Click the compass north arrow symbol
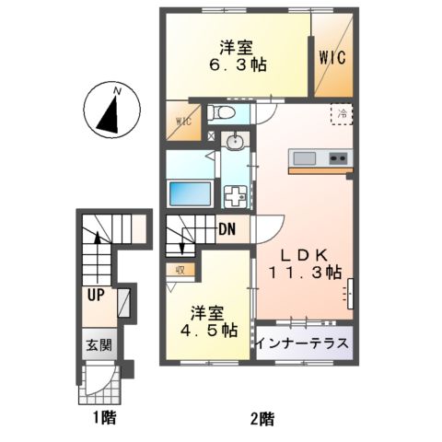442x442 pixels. [110, 110]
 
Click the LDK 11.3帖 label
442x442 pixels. [305, 262]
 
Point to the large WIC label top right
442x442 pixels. [332, 59]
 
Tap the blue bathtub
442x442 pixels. [190, 195]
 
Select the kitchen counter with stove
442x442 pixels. [320, 159]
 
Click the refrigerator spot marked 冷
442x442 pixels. [342, 114]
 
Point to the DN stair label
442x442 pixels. [228, 230]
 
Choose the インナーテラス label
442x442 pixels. [304, 343]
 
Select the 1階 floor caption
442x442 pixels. [103, 419]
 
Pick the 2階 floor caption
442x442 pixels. [261, 419]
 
